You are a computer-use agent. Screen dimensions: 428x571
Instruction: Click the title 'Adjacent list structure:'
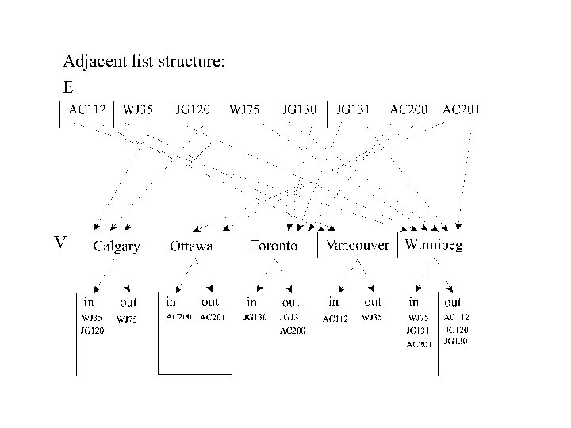[x=144, y=63]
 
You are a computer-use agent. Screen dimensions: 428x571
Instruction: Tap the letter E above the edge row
[x=68, y=86]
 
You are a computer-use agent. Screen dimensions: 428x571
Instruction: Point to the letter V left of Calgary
[x=59, y=242]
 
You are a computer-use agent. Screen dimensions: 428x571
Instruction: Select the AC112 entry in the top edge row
[x=87, y=109]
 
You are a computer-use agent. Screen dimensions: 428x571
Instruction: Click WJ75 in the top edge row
[x=244, y=109]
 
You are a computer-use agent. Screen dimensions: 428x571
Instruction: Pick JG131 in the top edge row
[x=353, y=109]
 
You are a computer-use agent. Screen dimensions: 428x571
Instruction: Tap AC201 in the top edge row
[x=461, y=109]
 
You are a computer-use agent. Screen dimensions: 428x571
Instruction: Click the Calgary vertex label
[x=117, y=246]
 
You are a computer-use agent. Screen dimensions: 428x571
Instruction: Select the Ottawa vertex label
[x=191, y=246]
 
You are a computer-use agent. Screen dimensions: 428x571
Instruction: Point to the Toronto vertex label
[x=274, y=246]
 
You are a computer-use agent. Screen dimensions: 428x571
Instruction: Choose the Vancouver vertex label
[x=358, y=245]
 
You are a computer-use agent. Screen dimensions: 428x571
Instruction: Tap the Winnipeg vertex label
[x=434, y=245]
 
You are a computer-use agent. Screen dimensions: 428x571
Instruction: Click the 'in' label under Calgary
[x=90, y=302]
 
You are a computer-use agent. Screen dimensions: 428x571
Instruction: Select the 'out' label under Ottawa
[x=209, y=302]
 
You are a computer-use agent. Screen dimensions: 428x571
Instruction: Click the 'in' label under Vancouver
[x=334, y=302]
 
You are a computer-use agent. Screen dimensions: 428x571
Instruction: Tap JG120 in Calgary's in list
[x=92, y=331]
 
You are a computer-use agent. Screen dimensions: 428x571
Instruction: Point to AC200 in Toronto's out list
[x=293, y=331]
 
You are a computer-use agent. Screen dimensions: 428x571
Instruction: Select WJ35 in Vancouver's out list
[x=371, y=318]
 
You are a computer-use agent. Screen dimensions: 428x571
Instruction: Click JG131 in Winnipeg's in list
[x=417, y=331]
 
